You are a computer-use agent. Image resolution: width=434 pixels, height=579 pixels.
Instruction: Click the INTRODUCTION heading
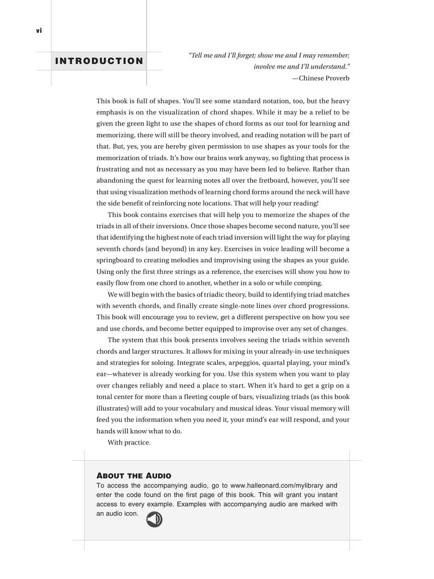coord(99,61)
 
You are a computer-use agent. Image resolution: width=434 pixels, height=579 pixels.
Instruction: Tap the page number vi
coord(39,31)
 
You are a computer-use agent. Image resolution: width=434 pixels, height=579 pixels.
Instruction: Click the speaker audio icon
coord(154,519)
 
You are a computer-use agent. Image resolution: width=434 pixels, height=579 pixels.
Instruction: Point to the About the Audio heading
coord(134,475)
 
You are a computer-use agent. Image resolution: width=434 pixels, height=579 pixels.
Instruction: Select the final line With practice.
coord(129,443)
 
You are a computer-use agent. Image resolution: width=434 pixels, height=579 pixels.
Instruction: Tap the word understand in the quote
coord(328,67)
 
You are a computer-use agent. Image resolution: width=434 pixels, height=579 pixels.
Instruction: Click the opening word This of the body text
coord(103,101)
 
